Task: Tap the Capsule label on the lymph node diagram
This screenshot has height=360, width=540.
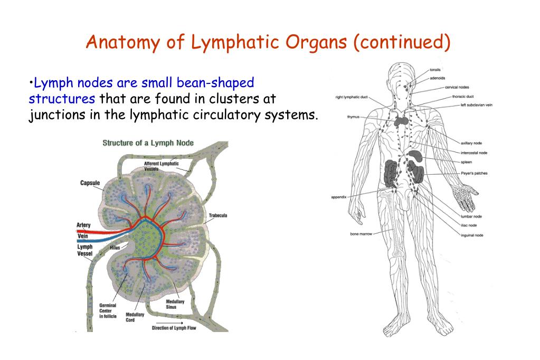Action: click(x=90, y=183)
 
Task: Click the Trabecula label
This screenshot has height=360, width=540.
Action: click(x=217, y=215)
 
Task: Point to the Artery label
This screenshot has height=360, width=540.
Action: click(x=83, y=225)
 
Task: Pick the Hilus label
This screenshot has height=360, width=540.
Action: click(x=115, y=247)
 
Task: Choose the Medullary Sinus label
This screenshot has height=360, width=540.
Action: click(x=175, y=304)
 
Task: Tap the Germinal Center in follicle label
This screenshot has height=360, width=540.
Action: click(x=108, y=311)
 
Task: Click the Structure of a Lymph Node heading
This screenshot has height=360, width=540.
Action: click(x=148, y=143)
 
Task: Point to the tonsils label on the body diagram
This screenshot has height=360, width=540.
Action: click(x=435, y=70)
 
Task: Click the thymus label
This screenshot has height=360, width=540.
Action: click(x=353, y=117)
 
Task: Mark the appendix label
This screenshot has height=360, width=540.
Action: click(x=338, y=197)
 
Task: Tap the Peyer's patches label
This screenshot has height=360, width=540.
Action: click(x=473, y=173)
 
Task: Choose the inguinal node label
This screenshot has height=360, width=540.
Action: click(x=471, y=235)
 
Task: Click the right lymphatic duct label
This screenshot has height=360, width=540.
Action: click(x=352, y=97)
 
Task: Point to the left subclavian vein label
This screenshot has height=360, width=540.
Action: click(x=476, y=105)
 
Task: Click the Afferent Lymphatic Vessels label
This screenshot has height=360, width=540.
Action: click(x=162, y=166)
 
